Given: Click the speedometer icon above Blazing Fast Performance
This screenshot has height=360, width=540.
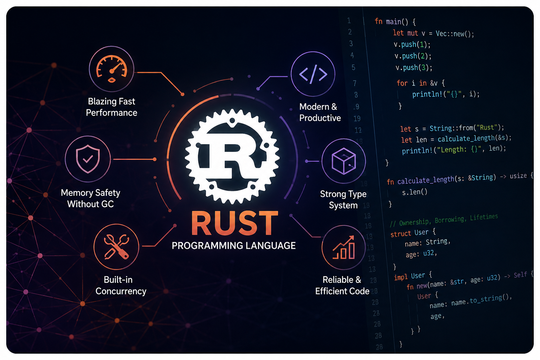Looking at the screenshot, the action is coord(111,69).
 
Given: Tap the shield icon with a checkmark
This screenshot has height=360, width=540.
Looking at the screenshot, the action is coord(88,159).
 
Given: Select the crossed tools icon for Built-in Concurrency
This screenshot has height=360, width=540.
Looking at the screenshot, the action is coord(116,247).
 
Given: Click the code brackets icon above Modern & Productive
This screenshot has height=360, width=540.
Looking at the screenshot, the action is coord(313,74).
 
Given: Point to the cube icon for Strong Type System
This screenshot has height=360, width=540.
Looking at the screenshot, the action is coord(343,161).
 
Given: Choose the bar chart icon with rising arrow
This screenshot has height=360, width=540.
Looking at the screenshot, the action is coord(344,247).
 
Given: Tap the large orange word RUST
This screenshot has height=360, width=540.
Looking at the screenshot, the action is coord(234,223).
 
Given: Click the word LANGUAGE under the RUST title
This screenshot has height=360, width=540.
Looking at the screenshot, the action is coord(267,246).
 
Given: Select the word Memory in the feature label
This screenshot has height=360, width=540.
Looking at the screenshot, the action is coord(77,193).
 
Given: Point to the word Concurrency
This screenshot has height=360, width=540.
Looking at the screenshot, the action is coord(121,291).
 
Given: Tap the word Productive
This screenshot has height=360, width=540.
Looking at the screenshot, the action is coord(320,118).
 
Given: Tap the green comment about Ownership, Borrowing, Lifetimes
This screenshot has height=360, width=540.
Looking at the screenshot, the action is coord(444,220).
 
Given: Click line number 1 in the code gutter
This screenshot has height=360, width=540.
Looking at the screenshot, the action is coord(349,20).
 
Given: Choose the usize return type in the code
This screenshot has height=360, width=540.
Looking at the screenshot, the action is coord(518,176).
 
